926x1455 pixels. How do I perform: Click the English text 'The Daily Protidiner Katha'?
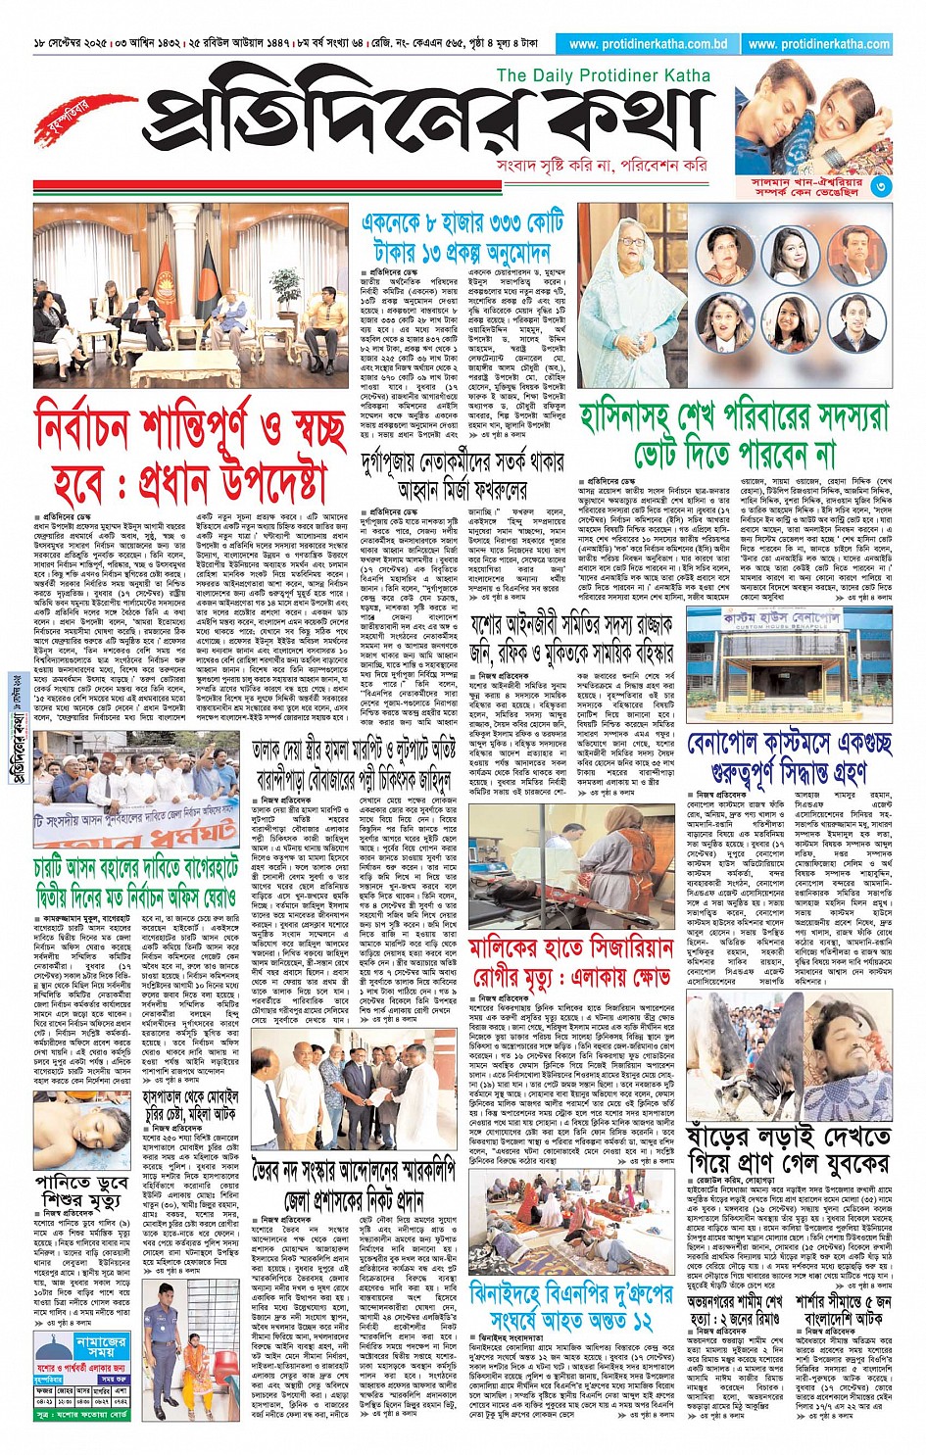click(x=603, y=75)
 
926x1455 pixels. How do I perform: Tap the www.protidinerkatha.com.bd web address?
click(x=648, y=44)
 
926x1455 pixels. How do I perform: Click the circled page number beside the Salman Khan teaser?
click(x=882, y=186)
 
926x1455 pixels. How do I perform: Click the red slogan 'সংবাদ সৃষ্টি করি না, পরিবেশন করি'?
click(x=602, y=166)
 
